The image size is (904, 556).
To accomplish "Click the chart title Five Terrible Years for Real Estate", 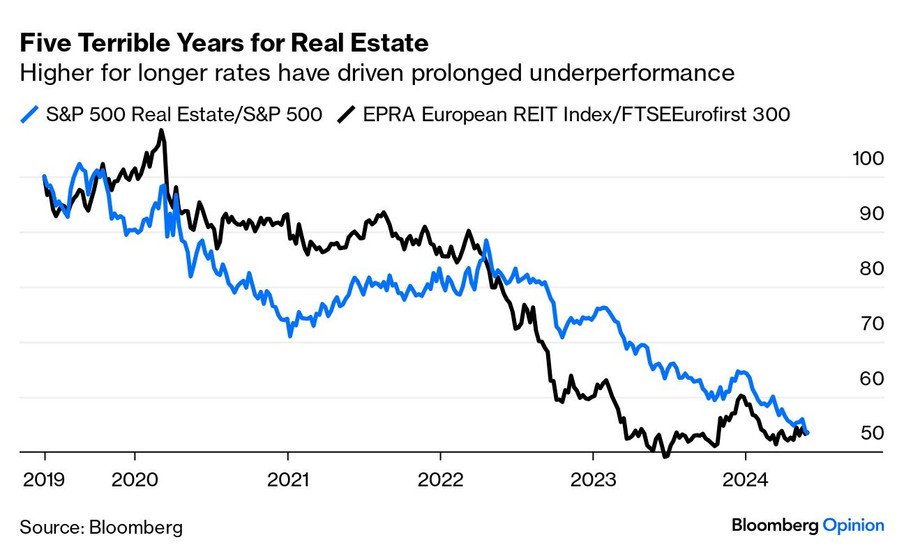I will point(224,44).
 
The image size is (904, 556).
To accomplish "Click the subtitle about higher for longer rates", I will point(377,72).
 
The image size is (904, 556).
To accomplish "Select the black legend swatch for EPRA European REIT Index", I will point(347,114).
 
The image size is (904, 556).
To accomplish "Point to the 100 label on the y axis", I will point(868,159).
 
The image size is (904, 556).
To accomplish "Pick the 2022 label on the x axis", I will point(440,481).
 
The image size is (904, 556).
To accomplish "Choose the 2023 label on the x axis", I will point(592,481).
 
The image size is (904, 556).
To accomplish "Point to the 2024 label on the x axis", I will point(745,481).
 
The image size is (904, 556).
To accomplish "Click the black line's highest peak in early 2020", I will point(161,130).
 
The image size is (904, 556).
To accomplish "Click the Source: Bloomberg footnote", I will point(101,527).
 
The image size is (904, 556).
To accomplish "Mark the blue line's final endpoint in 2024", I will point(807,433).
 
